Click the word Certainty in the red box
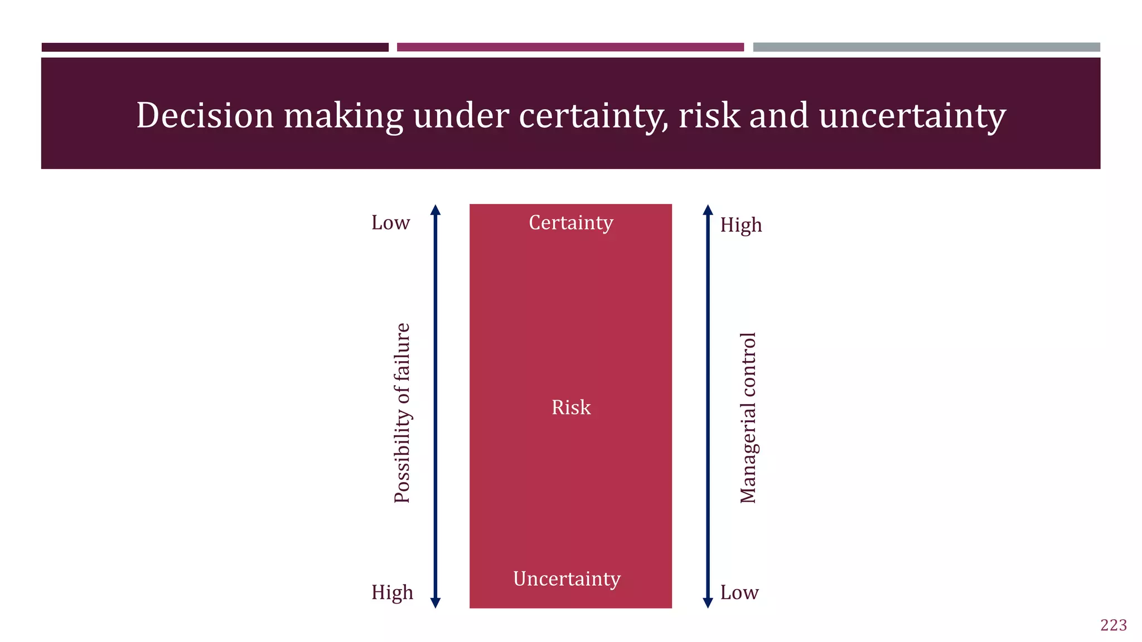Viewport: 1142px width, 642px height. [570, 223]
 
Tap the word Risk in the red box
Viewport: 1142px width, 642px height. [570, 407]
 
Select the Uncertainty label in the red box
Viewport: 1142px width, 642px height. [567, 579]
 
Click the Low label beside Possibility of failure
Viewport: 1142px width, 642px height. [390, 223]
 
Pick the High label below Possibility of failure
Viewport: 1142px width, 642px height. [392, 592]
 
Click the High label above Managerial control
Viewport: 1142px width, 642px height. [741, 225]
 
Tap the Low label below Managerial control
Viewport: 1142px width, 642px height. [739, 592]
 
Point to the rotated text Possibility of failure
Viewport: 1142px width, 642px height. [402, 413]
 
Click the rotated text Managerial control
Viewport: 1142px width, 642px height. [748, 418]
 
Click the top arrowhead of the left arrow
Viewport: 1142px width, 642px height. [435, 210]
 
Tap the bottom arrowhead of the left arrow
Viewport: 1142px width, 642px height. [435, 602]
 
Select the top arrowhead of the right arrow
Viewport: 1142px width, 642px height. [708, 210]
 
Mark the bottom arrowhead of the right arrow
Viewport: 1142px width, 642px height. [708, 602]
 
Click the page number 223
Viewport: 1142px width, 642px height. [1113, 625]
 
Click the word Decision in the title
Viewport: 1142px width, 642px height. [205, 115]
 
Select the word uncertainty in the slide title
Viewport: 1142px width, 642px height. [912, 115]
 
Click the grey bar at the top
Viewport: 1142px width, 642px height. [926, 47]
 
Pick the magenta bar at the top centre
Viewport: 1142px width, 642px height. [570, 47]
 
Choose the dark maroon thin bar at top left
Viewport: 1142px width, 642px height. [215, 47]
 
